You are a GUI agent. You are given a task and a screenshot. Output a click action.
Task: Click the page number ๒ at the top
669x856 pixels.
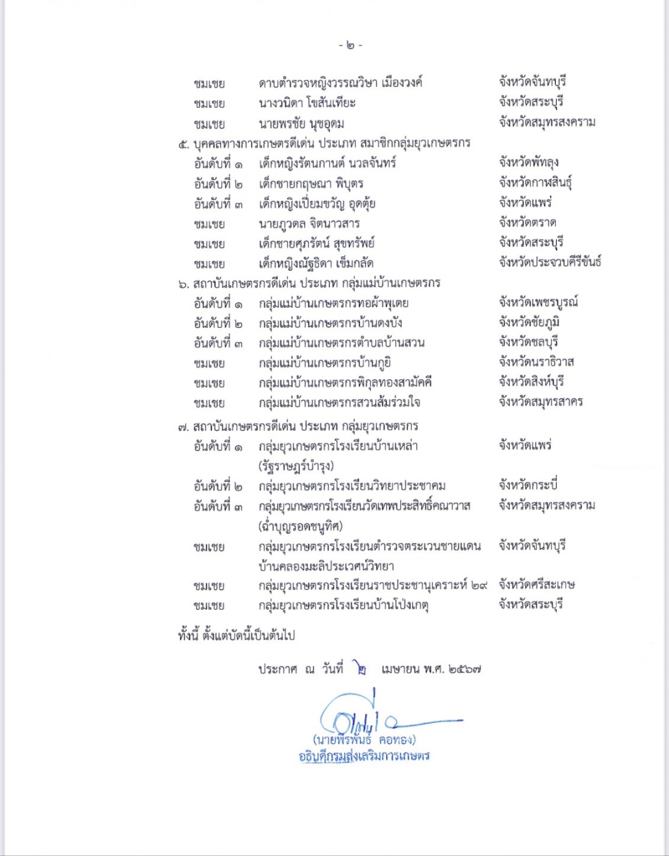tap(351, 46)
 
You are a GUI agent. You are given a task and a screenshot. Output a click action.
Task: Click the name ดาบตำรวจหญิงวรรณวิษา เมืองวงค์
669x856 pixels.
tap(341, 83)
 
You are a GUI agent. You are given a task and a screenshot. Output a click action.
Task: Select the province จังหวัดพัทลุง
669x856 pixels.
tap(529, 162)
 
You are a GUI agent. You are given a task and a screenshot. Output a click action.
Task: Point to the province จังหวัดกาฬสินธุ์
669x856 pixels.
tap(535, 183)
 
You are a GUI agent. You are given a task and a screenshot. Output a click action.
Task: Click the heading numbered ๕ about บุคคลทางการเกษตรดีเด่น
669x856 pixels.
tap(324, 143)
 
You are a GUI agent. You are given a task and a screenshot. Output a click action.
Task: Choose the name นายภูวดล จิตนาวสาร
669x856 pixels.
tap(309, 224)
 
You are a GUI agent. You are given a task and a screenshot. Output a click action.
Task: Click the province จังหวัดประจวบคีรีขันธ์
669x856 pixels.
tap(549, 262)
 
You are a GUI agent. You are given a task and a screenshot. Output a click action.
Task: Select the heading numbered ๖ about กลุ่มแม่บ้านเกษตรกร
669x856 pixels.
tap(309, 282)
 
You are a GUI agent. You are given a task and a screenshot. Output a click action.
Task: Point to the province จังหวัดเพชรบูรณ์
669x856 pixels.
tap(538, 302)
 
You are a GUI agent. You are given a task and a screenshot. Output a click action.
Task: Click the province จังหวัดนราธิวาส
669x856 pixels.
tap(536, 362)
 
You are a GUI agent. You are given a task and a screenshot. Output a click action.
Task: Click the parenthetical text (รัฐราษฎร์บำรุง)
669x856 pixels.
tap(296, 466)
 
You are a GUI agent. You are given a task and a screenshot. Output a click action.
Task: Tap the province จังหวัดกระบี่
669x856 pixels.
tap(528, 485)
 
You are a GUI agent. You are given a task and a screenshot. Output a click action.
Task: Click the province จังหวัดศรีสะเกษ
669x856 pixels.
tap(537, 585)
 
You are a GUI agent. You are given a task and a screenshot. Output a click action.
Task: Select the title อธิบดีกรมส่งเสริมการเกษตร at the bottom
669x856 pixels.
tap(364, 756)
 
